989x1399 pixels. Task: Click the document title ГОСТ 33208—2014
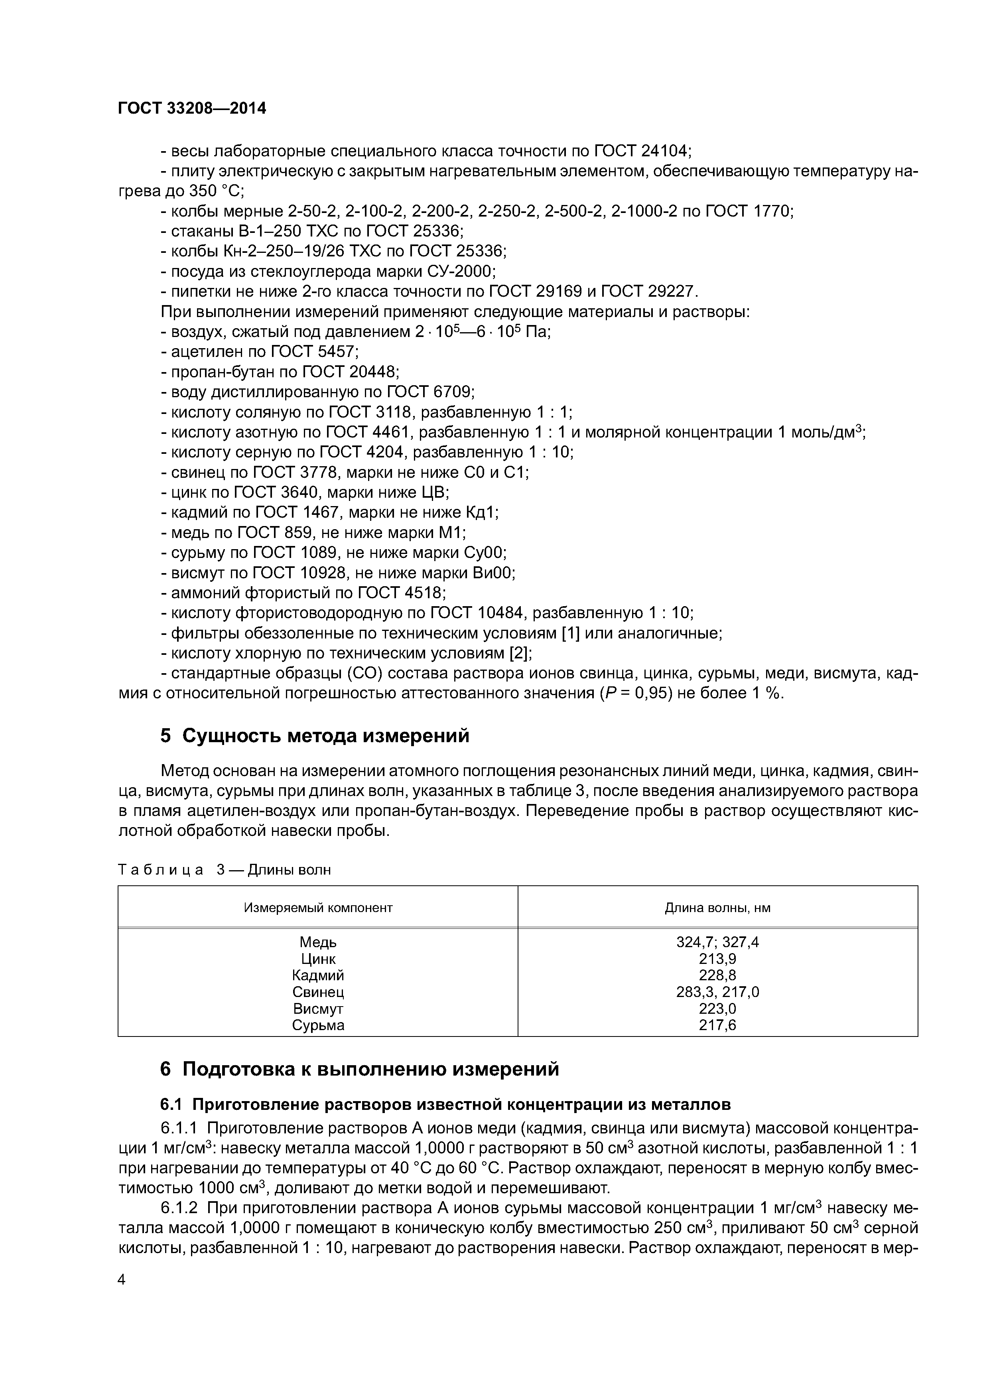(192, 108)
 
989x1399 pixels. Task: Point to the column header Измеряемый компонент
(318, 908)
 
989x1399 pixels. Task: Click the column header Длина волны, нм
(717, 908)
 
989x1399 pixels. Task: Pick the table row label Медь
(318, 943)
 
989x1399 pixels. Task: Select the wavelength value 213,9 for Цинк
(717, 959)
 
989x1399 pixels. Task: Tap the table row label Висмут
(318, 1009)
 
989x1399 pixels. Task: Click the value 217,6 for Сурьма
(717, 1025)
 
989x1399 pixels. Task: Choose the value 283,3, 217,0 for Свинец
(717, 992)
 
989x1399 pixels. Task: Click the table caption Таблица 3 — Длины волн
(224, 869)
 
